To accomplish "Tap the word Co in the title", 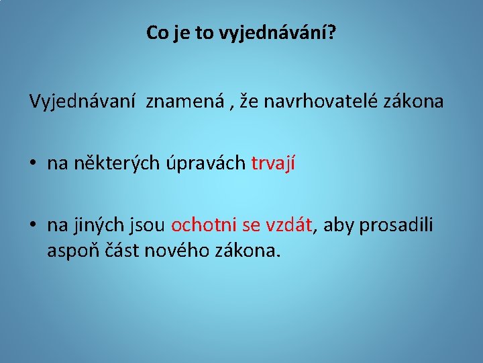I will (x=158, y=33).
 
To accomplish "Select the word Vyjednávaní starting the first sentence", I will (x=84, y=102).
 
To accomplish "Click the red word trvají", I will (x=272, y=163).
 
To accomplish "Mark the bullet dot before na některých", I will (x=32, y=164).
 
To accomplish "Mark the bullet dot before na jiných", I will (x=32, y=225).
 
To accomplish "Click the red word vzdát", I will (x=288, y=225).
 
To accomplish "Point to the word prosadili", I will (x=396, y=225).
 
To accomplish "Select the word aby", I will (x=338, y=225).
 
